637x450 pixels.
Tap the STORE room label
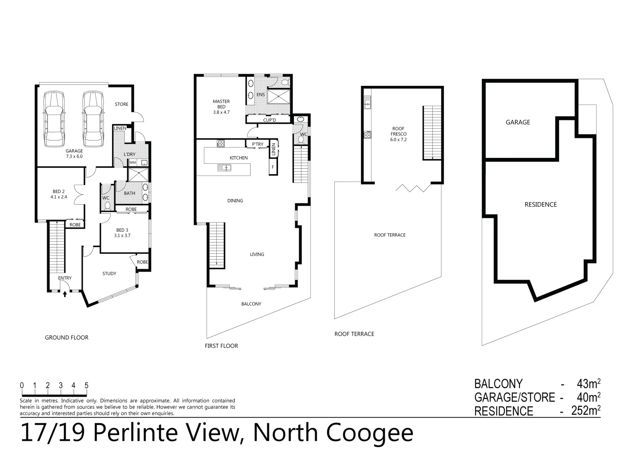coord(122,104)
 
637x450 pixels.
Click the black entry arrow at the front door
coord(65,295)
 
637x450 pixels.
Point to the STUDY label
coord(109,274)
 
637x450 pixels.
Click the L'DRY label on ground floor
coord(130,155)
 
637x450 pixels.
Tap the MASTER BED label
coord(221,104)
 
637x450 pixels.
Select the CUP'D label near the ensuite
coord(270,120)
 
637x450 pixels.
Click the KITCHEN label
coord(239,158)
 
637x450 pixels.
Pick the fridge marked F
coord(273,167)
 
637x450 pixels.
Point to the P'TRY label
coord(258,145)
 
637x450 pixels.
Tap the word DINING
coord(235,201)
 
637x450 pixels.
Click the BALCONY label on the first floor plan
coord(251,304)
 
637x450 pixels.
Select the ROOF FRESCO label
coord(398,132)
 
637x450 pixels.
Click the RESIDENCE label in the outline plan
coord(541,205)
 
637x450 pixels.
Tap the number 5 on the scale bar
coord(87,385)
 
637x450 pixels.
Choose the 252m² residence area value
coord(586,411)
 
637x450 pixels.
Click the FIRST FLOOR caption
coord(221,346)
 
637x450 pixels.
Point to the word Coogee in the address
coord(369,433)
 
